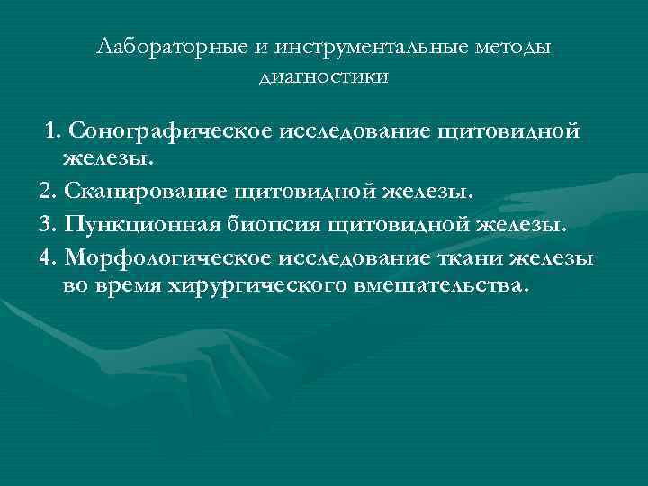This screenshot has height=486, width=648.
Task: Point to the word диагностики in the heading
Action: pyautogui.click(x=324, y=76)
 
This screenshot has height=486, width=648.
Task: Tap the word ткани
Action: pyautogui.click(x=472, y=256)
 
